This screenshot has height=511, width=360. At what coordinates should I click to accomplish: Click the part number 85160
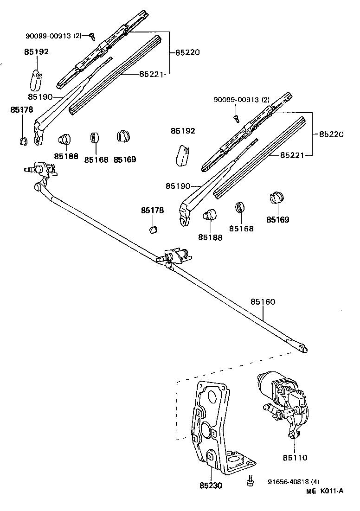click(x=263, y=301)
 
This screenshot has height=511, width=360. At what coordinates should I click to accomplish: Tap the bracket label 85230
click(x=211, y=486)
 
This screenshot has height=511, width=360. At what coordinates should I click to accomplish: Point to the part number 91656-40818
click(x=287, y=482)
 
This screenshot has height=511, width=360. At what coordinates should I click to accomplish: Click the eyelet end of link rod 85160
click(x=302, y=349)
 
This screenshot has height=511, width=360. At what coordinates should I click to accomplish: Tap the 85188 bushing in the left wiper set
click(x=64, y=138)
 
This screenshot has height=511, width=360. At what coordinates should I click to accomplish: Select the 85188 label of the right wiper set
click(x=210, y=237)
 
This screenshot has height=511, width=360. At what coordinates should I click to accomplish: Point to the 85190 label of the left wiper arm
click(x=39, y=96)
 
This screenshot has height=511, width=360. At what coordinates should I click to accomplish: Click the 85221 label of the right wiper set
click(x=292, y=155)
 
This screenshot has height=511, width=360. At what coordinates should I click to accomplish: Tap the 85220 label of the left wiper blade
click(x=187, y=52)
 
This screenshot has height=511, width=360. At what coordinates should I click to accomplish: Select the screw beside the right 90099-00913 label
click(x=236, y=117)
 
